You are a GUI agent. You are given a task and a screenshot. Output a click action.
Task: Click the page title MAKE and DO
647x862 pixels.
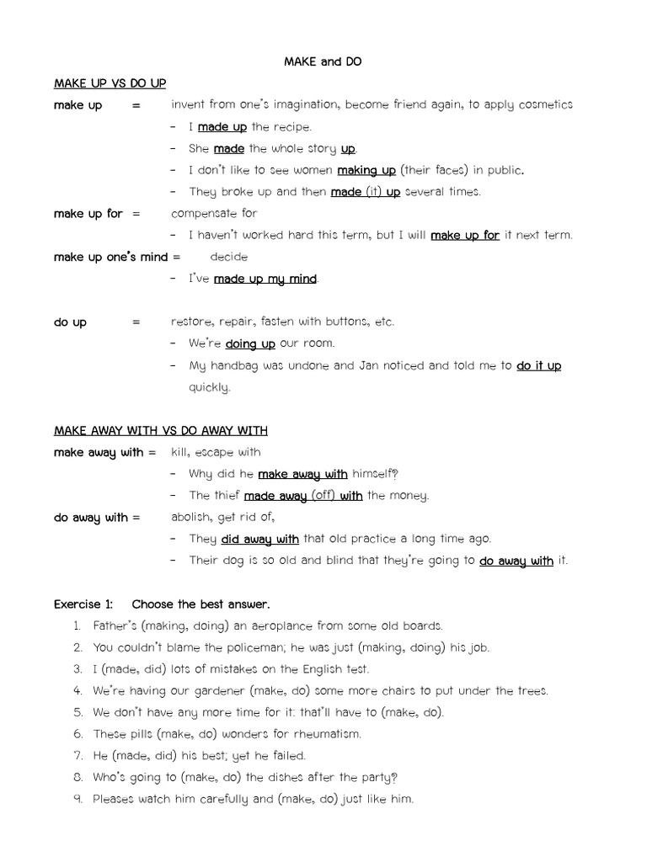(323, 61)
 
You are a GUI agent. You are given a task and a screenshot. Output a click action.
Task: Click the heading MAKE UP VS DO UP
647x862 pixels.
(110, 83)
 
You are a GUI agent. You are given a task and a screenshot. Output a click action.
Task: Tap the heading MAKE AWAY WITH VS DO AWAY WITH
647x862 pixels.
(160, 430)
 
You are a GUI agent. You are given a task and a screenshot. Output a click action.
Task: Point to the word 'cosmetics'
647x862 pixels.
(545, 104)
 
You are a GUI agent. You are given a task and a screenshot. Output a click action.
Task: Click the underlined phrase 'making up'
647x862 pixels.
(366, 170)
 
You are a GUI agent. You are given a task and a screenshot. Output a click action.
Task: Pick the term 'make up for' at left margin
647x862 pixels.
(88, 214)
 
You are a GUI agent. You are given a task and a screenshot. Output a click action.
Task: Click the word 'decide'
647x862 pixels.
(228, 257)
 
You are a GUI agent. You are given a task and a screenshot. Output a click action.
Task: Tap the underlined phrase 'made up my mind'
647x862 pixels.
(265, 279)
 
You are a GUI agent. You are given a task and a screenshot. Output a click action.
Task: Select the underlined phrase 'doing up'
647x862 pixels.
(250, 343)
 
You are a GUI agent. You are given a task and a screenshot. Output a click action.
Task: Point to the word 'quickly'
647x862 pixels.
(209, 388)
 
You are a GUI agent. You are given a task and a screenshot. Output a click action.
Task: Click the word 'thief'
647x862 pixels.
(226, 496)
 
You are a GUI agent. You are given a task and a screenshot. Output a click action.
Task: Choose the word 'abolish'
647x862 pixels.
(192, 518)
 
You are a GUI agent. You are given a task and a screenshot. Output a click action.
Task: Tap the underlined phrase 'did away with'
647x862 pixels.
(259, 540)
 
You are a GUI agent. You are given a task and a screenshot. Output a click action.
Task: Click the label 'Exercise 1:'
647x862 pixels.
(83, 604)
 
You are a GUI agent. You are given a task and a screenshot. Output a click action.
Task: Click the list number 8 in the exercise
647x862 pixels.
(77, 778)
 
